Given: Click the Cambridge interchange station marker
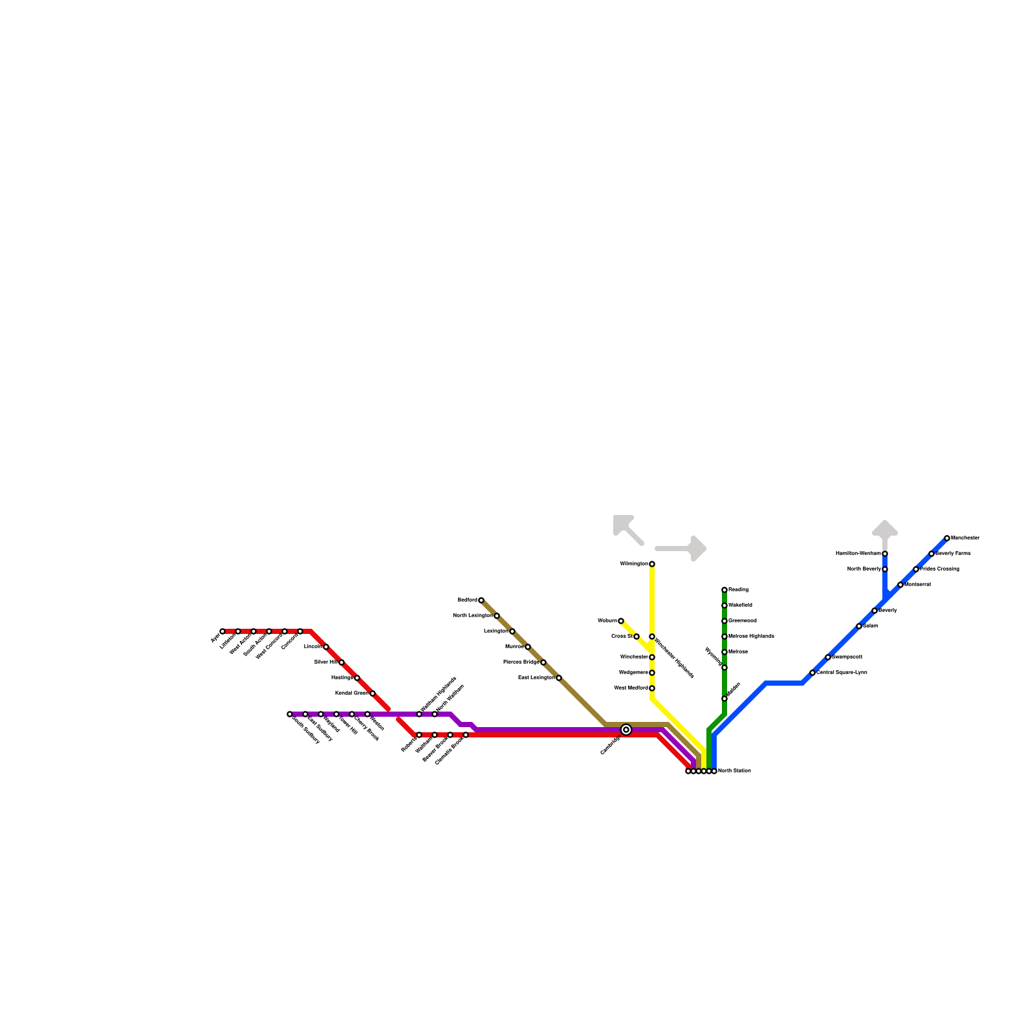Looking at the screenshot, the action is point(626,730).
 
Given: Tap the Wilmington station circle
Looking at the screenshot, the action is point(652,564).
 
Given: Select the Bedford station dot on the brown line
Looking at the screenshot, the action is point(481,600).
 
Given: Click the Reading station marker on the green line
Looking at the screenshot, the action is point(724,590).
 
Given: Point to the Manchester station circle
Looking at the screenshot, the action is point(947,538).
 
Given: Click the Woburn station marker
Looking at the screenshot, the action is point(621,621).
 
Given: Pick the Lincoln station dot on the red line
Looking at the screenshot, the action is point(326,647).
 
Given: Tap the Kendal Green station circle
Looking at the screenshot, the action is point(373,693).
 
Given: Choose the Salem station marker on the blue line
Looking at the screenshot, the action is point(859,626).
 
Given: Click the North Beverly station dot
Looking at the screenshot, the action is point(885,569).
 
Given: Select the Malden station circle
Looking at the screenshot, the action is point(724,699).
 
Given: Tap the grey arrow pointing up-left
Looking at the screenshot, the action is point(627,528).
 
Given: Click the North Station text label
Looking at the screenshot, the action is point(734,771).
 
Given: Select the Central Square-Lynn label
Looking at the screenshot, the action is point(842,673).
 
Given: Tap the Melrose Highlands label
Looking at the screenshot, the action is point(751,637).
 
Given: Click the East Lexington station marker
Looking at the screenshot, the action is point(559,678).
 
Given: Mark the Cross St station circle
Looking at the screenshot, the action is point(637,637).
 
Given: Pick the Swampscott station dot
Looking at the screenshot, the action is point(828,657).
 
